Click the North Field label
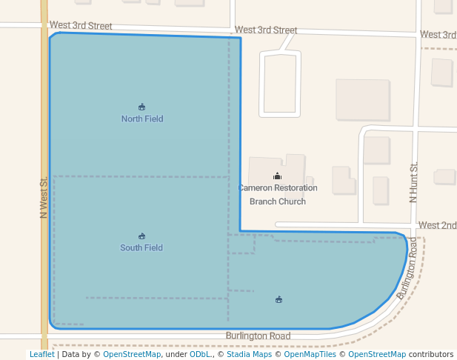click(142, 119)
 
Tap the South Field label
click(141, 247)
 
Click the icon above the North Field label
click(142, 107)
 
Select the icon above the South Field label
click(141, 236)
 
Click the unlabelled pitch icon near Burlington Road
click(278, 299)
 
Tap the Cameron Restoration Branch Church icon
click(278, 176)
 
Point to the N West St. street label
click(44, 196)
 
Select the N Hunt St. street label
click(414, 182)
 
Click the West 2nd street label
click(437, 225)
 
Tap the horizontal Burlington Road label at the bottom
click(258, 336)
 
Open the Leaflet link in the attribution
click(41, 354)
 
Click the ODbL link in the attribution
click(200, 354)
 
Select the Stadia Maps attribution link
click(249, 354)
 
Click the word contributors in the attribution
click(431, 354)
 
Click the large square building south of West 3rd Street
click(362, 100)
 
